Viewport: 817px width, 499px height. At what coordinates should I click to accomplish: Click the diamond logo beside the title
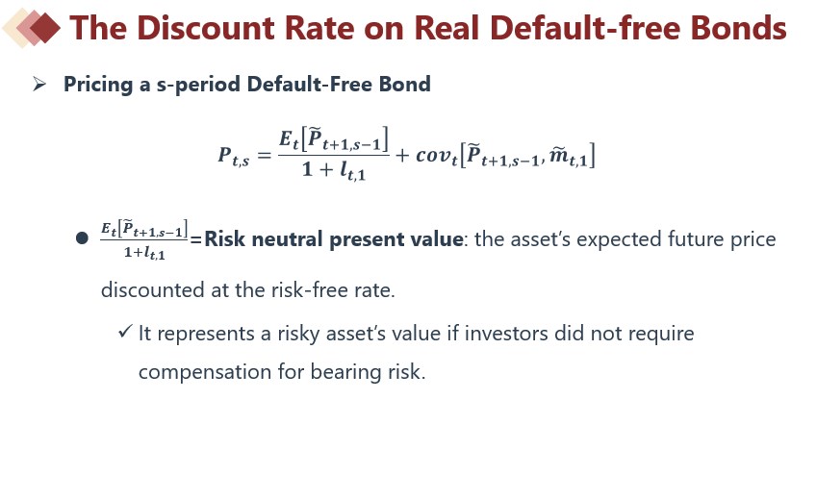(31, 28)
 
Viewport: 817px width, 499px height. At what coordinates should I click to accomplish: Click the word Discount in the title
(206, 28)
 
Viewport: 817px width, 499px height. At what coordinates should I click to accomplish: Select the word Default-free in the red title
(586, 28)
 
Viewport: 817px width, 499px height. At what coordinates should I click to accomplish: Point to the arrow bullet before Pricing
(39, 84)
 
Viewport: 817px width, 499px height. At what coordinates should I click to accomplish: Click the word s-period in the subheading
(198, 85)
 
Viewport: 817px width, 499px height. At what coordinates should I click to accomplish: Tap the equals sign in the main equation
(265, 155)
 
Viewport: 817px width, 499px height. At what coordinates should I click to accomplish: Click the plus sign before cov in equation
(402, 155)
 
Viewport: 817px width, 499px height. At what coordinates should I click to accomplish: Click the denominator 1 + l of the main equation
(334, 170)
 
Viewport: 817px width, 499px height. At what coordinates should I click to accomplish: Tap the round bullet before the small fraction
(82, 238)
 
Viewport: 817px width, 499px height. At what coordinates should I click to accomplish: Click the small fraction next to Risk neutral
(143, 239)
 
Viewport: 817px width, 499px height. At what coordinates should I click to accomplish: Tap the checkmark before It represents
(125, 331)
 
